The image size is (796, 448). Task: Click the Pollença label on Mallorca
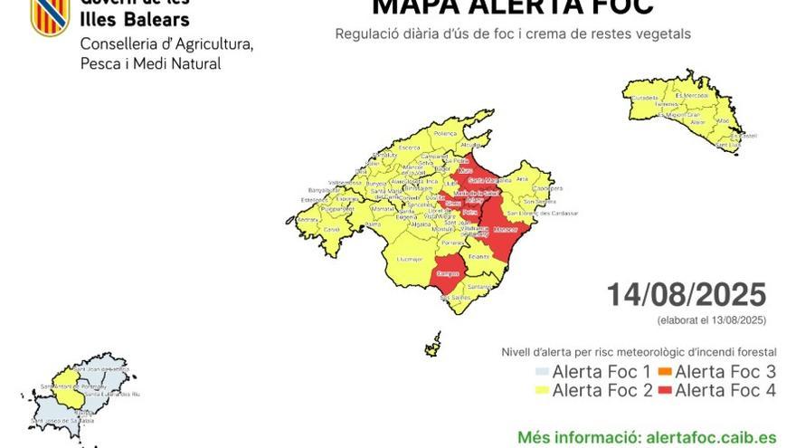[445, 133]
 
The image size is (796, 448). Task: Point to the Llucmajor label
[409, 259]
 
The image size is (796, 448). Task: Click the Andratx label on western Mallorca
[308, 219]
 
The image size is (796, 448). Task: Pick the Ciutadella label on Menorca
[645, 97]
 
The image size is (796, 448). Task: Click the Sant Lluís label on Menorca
[728, 144]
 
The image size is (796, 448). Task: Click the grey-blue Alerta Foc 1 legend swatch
[541, 371]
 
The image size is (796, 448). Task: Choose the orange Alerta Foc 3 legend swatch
[664, 371]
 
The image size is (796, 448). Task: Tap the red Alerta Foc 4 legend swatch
[664, 391]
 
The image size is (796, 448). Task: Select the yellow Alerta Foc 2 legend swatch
[541, 391]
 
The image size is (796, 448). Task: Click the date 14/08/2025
[686, 295]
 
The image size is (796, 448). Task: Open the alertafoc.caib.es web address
[711, 437]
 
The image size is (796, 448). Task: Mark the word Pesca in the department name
[101, 63]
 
